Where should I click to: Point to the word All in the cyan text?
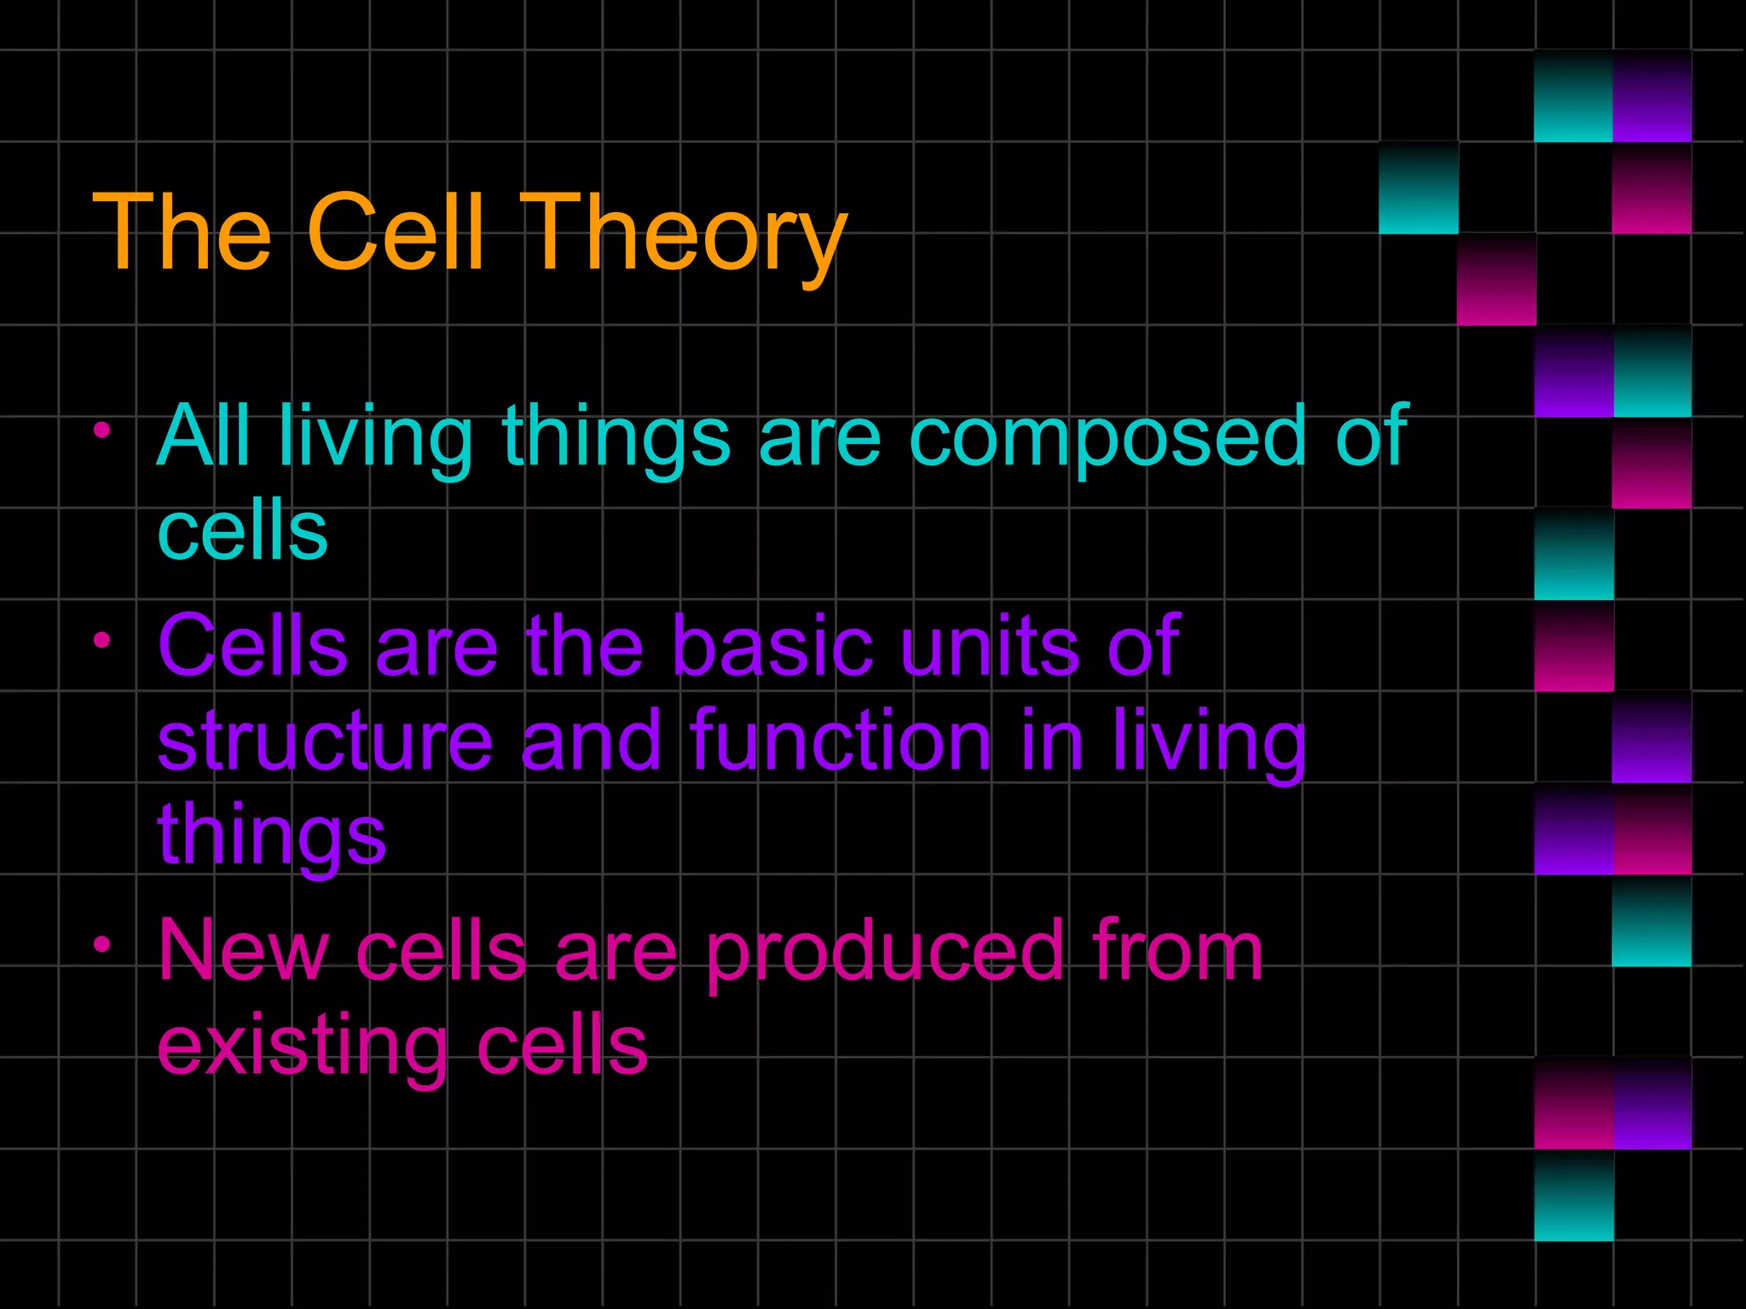(204, 435)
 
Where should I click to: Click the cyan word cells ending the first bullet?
(243, 531)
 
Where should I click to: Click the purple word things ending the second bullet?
(272, 835)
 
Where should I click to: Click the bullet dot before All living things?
(102, 430)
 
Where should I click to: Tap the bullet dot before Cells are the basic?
(102, 640)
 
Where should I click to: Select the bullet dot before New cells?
(102, 944)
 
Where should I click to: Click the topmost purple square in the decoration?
(1651, 96)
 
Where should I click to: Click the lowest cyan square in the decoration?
(1574, 1195)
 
